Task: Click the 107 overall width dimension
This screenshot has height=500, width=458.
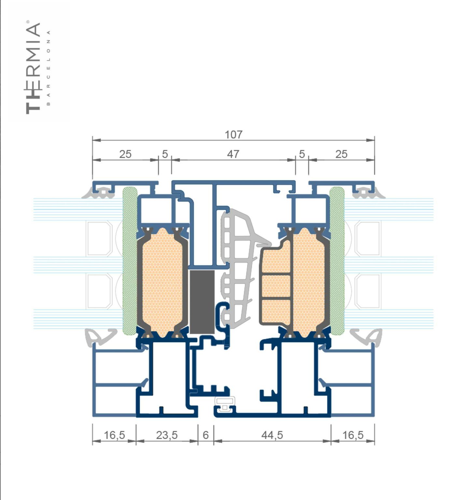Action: [x=234, y=134]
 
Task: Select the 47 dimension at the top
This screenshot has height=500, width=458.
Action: [x=233, y=154]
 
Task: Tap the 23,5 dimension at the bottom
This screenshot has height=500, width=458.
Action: [x=167, y=435]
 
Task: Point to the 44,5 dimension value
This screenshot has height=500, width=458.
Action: [x=272, y=435]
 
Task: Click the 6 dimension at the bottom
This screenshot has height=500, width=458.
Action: [x=206, y=435]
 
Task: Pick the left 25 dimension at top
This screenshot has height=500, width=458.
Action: [x=125, y=154]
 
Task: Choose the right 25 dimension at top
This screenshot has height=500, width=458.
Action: [x=341, y=154]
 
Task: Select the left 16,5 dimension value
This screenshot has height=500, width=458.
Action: [x=114, y=435]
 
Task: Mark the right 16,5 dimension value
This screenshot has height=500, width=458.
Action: [x=353, y=435]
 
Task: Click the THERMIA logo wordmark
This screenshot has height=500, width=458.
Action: [x=33, y=67]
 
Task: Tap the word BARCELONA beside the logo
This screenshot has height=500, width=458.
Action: [x=49, y=68]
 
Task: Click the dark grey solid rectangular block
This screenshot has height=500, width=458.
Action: [x=202, y=302]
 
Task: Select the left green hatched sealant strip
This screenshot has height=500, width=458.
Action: [x=130, y=261]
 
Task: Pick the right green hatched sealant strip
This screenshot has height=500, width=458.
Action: [x=337, y=261]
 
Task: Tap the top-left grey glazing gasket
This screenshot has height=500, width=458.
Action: [x=99, y=192]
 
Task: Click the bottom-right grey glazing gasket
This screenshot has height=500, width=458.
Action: [x=366, y=337]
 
